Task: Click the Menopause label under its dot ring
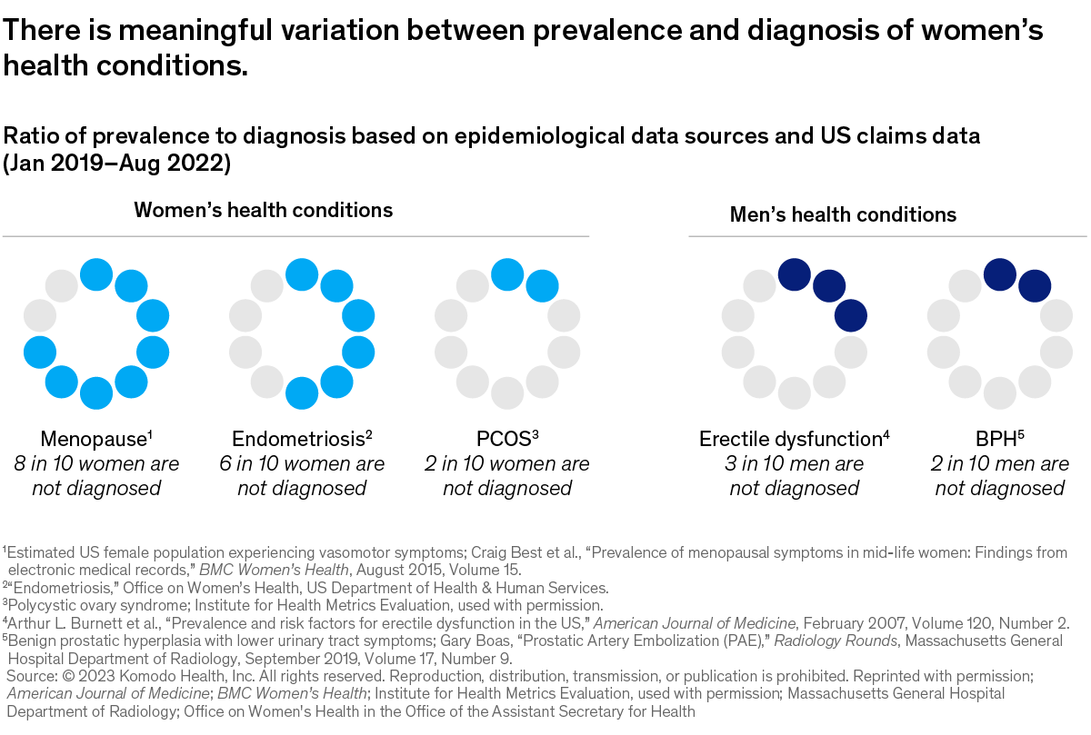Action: [x=93, y=440]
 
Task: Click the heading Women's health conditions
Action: [x=264, y=211]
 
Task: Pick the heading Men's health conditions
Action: [x=843, y=215]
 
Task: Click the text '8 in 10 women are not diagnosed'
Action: [x=96, y=476]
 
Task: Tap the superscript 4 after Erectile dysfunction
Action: [x=886, y=434]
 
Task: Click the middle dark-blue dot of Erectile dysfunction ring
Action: [x=829, y=285]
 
